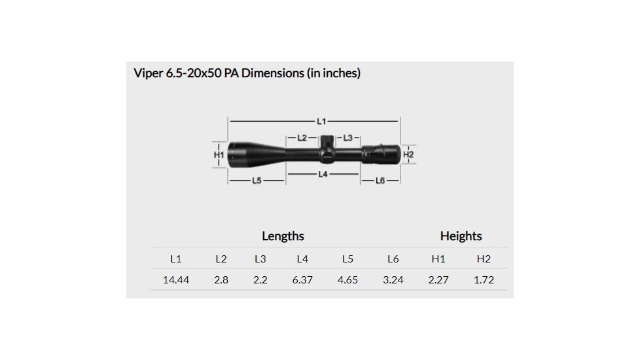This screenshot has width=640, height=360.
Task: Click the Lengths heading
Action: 283,236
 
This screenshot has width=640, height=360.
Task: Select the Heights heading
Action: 461,236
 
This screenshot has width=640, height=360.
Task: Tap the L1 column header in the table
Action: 176,259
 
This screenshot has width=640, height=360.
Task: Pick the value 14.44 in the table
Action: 176,279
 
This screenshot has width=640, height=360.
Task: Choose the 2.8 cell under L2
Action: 221,279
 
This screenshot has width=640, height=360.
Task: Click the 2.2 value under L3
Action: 260,279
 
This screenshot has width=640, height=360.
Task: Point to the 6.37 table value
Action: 302,279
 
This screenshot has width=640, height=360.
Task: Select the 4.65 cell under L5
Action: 347,279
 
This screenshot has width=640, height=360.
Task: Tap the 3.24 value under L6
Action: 393,279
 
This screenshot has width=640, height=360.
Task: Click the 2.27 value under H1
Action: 438,279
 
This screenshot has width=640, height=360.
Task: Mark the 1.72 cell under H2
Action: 484,279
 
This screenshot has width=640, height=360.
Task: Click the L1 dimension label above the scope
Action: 321,121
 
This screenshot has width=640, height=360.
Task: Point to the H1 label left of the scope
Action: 219,154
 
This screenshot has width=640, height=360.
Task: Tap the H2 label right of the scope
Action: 409,154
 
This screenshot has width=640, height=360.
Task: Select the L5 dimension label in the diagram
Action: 257,180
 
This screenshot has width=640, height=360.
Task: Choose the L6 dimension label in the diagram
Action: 380,180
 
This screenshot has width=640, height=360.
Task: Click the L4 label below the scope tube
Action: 323,174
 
